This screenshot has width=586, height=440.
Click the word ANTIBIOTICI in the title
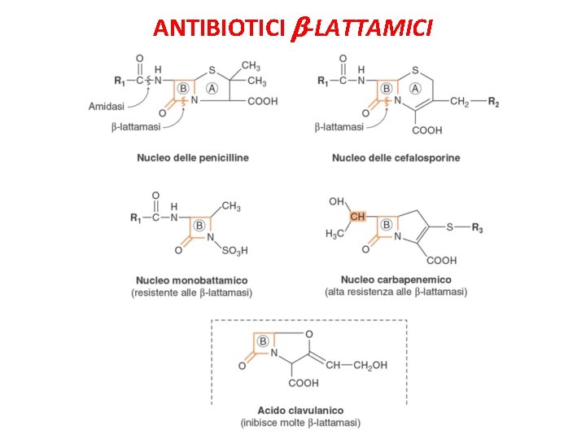point(215,29)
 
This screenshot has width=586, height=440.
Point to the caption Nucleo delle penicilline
point(193,156)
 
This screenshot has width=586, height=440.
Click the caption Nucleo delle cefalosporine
point(396,157)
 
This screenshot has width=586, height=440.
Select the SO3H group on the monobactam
point(234,250)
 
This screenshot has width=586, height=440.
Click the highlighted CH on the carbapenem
point(357,217)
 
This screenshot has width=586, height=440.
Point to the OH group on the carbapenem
point(336,200)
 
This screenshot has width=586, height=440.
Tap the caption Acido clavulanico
point(301,411)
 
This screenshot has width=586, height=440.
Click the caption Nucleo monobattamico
point(192,280)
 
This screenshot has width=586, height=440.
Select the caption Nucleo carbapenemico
point(396,280)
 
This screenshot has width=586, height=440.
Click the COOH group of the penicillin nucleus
point(261,102)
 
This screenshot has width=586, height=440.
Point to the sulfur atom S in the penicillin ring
point(212,70)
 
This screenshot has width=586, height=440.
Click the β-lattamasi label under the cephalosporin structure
point(339,126)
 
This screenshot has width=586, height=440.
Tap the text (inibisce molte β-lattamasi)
point(300,423)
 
